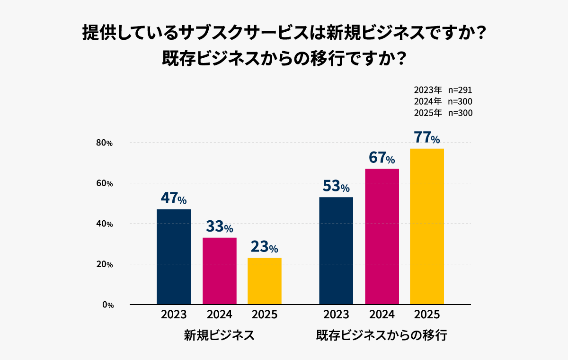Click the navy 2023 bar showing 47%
174,257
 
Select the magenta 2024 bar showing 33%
219,271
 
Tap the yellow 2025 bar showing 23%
265,281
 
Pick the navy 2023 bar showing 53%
336,251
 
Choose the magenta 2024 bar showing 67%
382,236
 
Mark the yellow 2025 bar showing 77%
427,226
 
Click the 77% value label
426,138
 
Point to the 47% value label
173,198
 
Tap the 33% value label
219,227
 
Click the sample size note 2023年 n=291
443,90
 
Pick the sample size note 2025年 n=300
443,113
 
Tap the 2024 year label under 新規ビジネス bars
219,315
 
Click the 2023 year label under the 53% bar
336,315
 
